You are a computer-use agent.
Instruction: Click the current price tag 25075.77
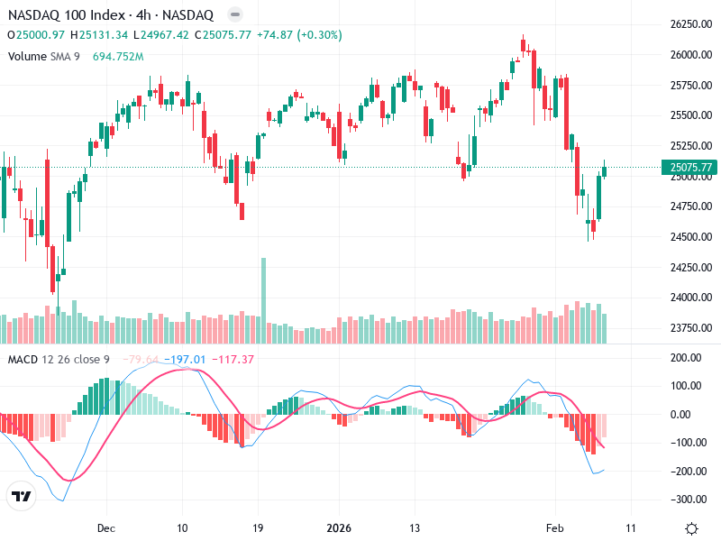coord(691,167)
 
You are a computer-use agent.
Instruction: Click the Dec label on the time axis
coord(105,527)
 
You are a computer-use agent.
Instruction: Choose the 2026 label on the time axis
coord(339,527)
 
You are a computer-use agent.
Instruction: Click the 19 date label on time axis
coord(257,527)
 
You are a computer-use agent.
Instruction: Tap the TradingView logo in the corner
coord(21,497)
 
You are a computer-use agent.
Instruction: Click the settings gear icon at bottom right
coord(691,528)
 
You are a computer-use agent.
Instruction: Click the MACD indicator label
coord(22,360)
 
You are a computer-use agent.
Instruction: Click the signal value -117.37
coord(233,360)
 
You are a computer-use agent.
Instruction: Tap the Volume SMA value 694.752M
coord(118,56)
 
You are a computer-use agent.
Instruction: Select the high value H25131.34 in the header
coord(103,35)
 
